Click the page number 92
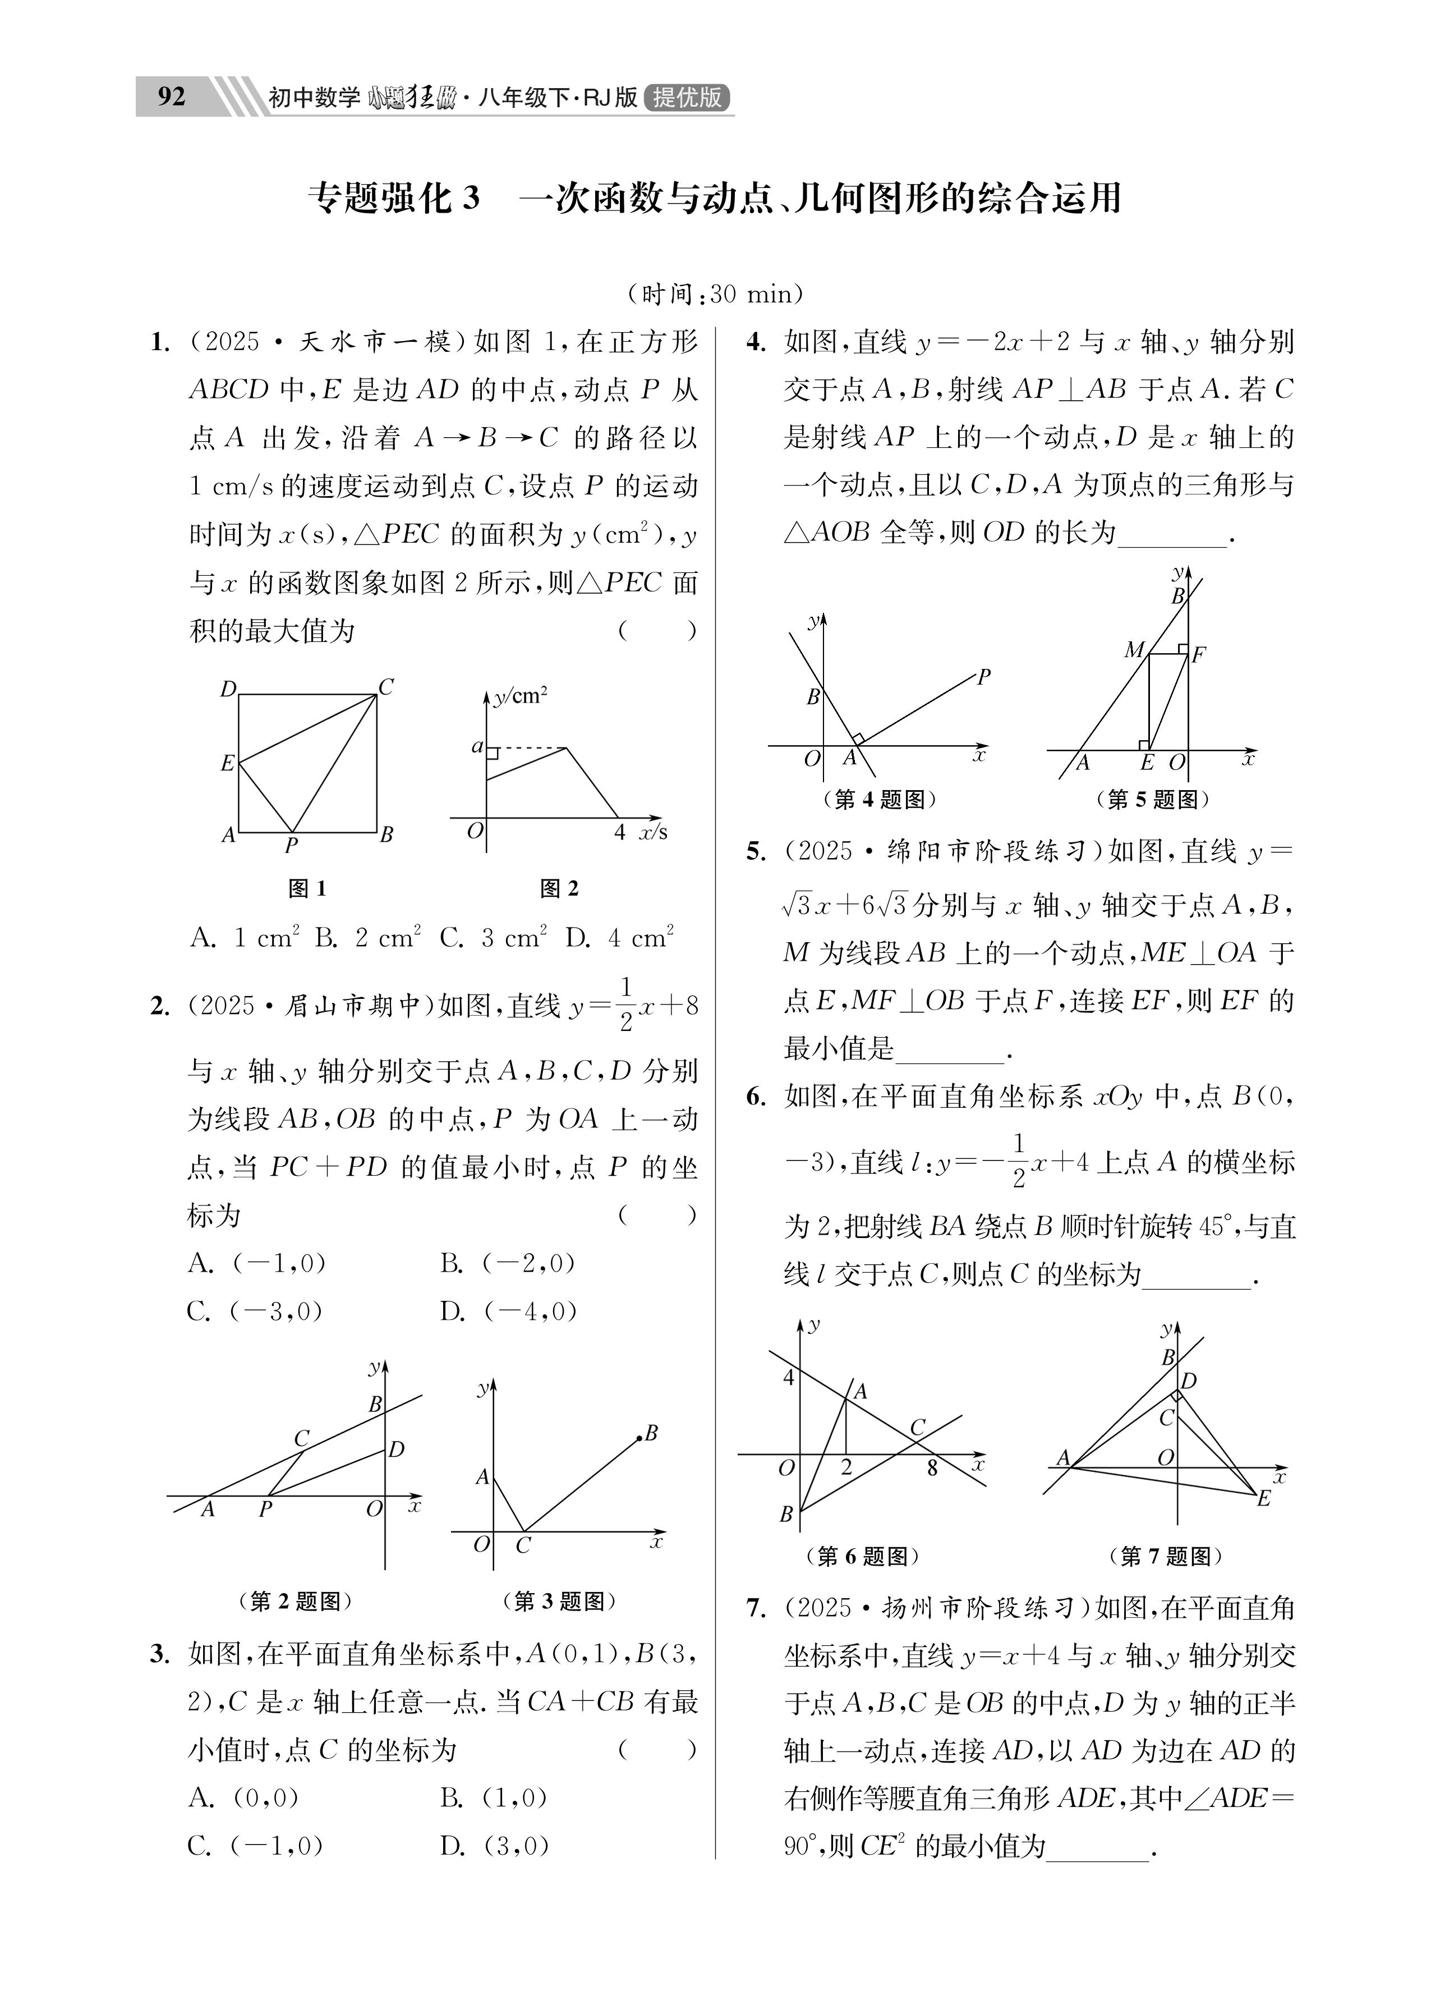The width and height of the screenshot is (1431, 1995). pyautogui.click(x=172, y=96)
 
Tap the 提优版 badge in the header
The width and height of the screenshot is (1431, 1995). pyautogui.click(x=687, y=97)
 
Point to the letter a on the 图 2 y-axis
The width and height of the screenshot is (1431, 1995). pyautogui.click(x=477, y=747)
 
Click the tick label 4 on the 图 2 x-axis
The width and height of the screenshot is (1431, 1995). pyautogui.click(x=619, y=831)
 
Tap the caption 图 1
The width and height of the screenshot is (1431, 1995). pyautogui.click(x=307, y=888)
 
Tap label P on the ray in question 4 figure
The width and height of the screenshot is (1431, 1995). pyautogui.click(x=983, y=676)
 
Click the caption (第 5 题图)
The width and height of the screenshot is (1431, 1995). pyautogui.click(x=1152, y=799)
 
